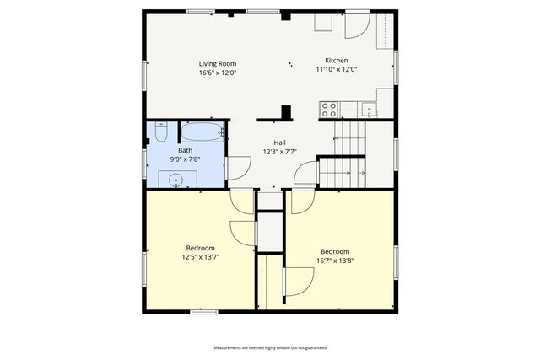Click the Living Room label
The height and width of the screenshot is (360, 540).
pyautogui.click(x=217, y=63)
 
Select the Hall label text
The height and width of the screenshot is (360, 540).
pyautogui.click(x=279, y=142)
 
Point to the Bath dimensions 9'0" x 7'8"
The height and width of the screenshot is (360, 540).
pyautogui.click(x=184, y=159)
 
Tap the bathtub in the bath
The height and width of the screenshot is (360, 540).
pyautogui.click(x=202, y=132)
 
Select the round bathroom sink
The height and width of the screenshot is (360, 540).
pyautogui.click(x=176, y=179)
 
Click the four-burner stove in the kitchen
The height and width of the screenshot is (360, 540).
pyautogui.click(x=329, y=109)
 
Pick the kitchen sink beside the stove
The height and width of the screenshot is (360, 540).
pyautogui.click(x=369, y=109)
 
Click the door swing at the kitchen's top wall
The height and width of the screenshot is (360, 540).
pyautogui.click(x=355, y=25)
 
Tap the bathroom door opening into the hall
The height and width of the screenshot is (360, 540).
pyautogui.click(x=237, y=167)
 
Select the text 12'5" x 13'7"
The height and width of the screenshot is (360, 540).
pyautogui.click(x=200, y=258)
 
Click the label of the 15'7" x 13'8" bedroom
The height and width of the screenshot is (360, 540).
pyautogui.click(x=335, y=251)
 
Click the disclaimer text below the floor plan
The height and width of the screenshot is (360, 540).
pyautogui.click(x=269, y=347)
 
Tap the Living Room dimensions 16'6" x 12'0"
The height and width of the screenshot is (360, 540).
pyautogui.click(x=217, y=73)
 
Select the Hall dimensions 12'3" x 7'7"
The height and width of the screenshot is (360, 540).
pyautogui.click(x=279, y=152)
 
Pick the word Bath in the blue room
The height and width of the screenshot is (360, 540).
pyautogui.click(x=184, y=150)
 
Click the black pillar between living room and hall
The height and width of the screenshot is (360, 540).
pyautogui.click(x=286, y=112)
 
